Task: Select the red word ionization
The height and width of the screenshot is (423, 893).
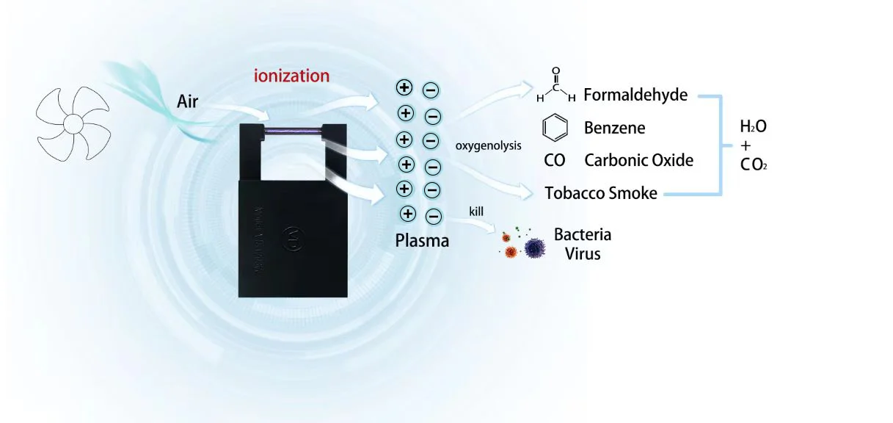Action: (291, 76)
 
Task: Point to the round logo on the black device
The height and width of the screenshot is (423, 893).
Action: (291, 239)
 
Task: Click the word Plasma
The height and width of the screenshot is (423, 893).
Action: (421, 240)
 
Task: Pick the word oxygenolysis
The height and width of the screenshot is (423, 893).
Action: (489, 145)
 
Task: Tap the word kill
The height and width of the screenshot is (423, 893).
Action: (476, 211)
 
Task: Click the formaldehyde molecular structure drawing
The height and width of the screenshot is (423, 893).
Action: (555, 87)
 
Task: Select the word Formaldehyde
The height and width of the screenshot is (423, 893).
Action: (636, 95)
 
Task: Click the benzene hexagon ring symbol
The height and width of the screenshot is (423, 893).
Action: (555, 128)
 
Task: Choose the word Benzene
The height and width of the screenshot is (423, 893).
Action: (615, 128)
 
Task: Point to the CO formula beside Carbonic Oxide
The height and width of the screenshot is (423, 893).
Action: (555, 160)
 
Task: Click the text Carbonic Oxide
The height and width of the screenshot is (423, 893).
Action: (638, 160)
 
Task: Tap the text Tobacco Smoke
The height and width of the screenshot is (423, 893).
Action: (601, 194)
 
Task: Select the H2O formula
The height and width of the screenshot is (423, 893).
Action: (753, 127)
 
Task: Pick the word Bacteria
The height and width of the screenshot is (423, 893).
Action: (583, 235)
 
